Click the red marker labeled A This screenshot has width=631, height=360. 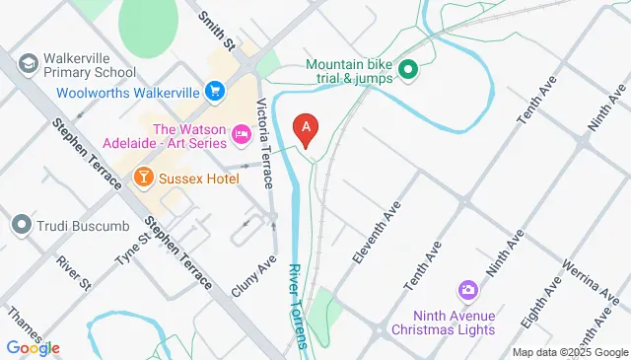click(x=308, y=128)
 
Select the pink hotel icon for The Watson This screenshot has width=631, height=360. click(x=241, y=131)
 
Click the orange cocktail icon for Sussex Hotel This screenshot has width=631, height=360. click(x=143, y=178)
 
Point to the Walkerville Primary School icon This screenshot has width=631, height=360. click(x=28, y=61)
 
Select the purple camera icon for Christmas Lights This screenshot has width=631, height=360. click(x=468, y=290)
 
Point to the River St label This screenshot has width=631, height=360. click(x=73, y=273)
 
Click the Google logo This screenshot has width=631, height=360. click(x=33, y=347)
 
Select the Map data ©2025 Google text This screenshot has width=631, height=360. click(x=569, y=352)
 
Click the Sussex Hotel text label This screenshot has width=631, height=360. click(x=198, y=178)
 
